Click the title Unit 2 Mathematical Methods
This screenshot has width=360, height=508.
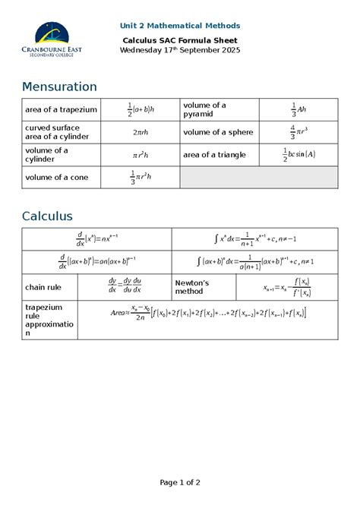[181, 26]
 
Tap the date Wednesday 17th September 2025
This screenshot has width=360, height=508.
[181, 50]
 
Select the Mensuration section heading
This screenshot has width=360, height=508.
[59, 87]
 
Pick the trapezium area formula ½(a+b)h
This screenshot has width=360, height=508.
[141, 109]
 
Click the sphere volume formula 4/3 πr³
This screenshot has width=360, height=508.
[298, 132]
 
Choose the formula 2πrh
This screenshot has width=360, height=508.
[141, 132]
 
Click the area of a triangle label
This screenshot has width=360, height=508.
[216, 155]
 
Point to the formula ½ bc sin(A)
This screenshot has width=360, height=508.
[298, 155]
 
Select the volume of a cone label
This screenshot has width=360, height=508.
[57, 178]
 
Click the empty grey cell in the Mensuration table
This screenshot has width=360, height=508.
[258, 178]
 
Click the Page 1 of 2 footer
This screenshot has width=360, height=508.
[180, 482]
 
